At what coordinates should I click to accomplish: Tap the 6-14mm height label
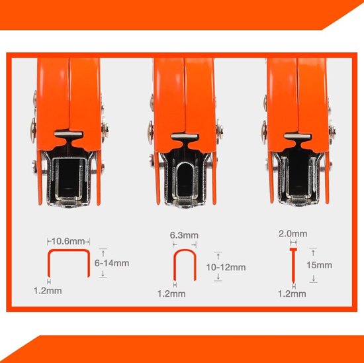click(112, 263)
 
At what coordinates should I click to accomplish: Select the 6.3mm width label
click(184, 235)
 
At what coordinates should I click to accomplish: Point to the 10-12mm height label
click(226, 268)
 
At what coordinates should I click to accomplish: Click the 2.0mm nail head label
click(293, 234)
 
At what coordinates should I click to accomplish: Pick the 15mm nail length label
click(319, 265)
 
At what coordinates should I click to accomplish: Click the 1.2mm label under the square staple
click(48, 291)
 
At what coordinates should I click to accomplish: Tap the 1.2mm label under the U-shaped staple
click(171, 294)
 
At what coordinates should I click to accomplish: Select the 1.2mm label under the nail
click(292, 294)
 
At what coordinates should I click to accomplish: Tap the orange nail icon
click(293, 265)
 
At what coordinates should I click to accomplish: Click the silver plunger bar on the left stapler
click(68, 134)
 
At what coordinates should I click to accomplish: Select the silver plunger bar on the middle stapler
click(185, 136)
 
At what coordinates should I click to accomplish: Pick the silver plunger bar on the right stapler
click(297, 136)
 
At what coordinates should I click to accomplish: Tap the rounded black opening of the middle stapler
click(185, 180)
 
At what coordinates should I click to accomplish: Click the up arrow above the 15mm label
click(313, 252)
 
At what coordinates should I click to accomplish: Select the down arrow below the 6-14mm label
click(103, 274)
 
